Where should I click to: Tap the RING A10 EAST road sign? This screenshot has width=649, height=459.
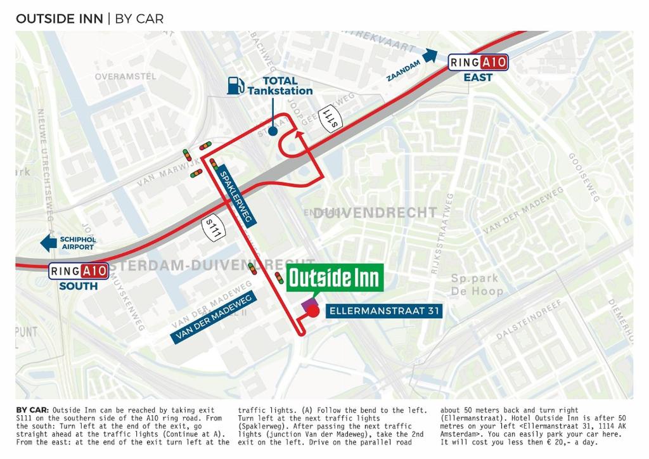(478, 62)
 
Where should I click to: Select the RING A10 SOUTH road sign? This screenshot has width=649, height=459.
(79, 271)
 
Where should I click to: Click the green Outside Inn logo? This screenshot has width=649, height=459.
(335, 278)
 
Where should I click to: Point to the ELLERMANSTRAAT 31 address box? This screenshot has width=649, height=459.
(383, 311)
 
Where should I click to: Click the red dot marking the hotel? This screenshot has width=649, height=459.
(314, 311)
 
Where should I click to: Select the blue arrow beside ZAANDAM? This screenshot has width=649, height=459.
(430, 56)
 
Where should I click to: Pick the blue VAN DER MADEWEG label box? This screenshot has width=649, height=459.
(212, 318)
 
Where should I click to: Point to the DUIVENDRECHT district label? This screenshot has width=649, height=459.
(375, 212)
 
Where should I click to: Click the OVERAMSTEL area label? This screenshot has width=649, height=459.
(125, 77)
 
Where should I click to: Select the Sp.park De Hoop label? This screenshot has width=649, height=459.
(477, 285)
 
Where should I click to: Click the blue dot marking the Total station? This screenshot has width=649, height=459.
(273, 131)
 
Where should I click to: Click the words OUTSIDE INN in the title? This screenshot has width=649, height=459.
(59, 18)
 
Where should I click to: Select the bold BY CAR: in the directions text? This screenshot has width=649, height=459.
(32, 410)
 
